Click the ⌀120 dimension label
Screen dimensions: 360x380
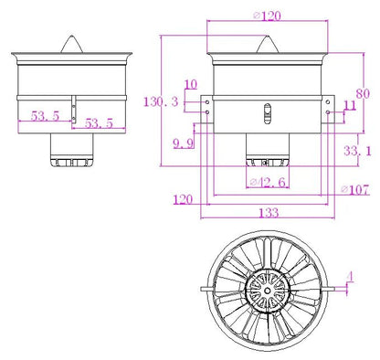tap(266, 16)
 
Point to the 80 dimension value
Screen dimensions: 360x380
tap(363, 92)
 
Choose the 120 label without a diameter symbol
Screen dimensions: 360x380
tap(183, 198)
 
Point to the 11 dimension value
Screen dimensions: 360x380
tap(349, 107)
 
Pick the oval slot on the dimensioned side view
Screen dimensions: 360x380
tap(267, 115)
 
